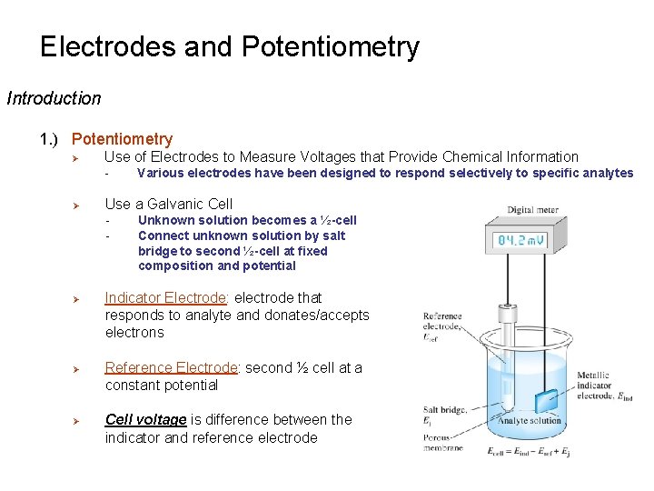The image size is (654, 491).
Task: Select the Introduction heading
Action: [x=54, y=98]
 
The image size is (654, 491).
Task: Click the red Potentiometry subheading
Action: [x=122, y=139]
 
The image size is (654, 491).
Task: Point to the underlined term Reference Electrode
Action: [x=172, y=367]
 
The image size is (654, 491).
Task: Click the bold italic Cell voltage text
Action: [x=145, y=419]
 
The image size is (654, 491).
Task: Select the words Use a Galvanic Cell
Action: [x=168, y=204]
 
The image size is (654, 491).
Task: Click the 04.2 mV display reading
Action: [x=520, y=241]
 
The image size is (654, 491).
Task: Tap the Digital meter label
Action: [x=532, y=210]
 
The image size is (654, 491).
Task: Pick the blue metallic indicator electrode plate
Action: [x=547, y=400]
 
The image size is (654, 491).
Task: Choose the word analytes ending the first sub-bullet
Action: [x=608, y=173]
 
